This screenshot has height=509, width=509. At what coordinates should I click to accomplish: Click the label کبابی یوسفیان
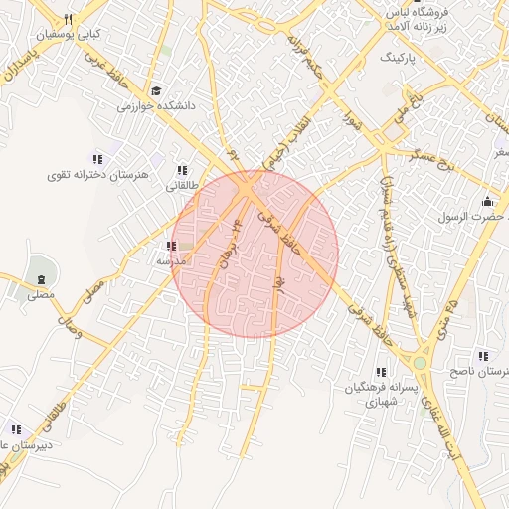tap(69, 34)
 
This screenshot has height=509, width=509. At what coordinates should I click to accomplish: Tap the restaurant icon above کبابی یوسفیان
tap(68, 19)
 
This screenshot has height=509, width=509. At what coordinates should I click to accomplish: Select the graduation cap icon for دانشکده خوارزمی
tap(156, 90)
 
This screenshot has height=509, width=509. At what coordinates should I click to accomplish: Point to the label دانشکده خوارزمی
tap(157, 104)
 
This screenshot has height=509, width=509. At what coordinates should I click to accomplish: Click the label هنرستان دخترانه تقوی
tap(96, 174)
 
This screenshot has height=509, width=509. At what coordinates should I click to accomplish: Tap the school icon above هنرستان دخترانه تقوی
tap(97, 159)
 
